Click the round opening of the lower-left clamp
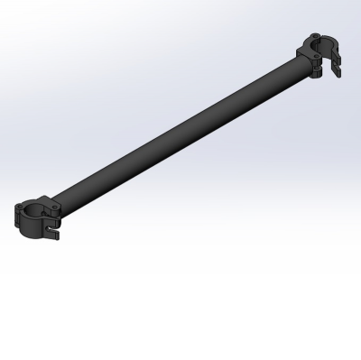[34, 212]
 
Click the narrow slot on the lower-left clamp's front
[41, 226]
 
